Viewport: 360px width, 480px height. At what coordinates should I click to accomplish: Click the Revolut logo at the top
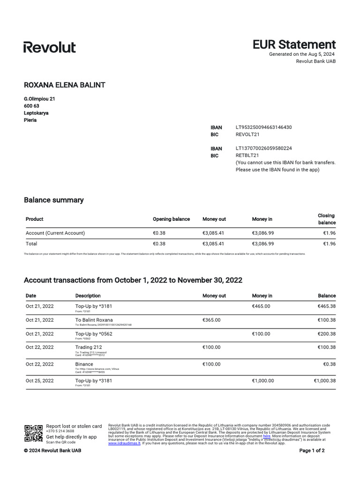49,47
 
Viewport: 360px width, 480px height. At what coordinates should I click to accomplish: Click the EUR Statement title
294,45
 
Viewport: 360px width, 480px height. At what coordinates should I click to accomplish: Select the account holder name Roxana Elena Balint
64,85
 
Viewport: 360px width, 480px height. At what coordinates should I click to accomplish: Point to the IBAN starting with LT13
263,148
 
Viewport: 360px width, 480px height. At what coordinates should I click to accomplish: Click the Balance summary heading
53,200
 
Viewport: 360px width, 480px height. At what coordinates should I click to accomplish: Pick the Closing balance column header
326,219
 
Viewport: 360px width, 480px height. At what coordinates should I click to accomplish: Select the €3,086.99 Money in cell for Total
263,244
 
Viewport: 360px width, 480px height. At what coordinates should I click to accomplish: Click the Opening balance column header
171,219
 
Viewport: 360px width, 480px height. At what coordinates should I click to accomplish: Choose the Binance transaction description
84,364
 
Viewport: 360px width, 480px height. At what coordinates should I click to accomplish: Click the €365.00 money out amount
211,320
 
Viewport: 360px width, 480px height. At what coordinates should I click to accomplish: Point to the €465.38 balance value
326,306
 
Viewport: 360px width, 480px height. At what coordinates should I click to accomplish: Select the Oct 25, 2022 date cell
40,381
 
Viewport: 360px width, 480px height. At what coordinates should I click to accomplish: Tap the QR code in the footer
33,434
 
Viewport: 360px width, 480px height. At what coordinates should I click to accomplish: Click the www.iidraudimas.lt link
124,443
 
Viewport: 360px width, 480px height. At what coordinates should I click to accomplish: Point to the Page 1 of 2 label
312,450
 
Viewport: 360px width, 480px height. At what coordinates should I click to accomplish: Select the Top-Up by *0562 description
94,334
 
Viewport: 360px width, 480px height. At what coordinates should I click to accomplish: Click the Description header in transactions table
88,296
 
